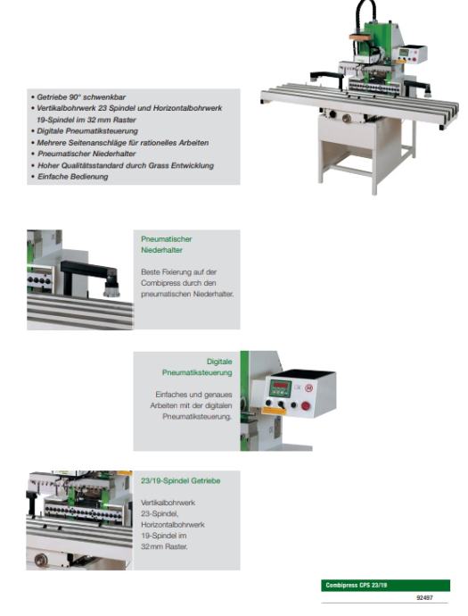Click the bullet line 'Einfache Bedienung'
tap(72, 177)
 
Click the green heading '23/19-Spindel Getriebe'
tap(180, 481)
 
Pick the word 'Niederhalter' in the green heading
tap(161, 250)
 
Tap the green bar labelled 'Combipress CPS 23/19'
tap(385, 586)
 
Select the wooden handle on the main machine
tap(362, 38)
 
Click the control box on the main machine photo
tap(409, 54)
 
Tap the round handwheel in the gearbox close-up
tap(40, 560)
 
